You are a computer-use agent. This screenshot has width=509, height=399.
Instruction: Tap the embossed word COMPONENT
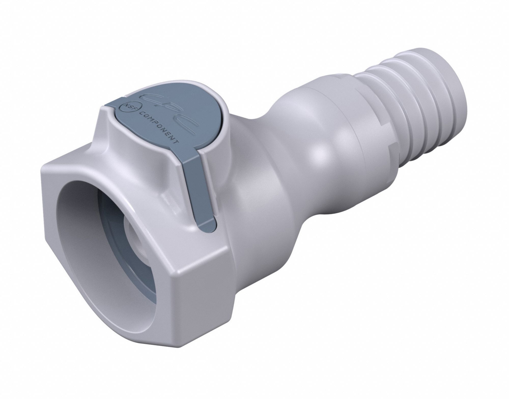point(160,126)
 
